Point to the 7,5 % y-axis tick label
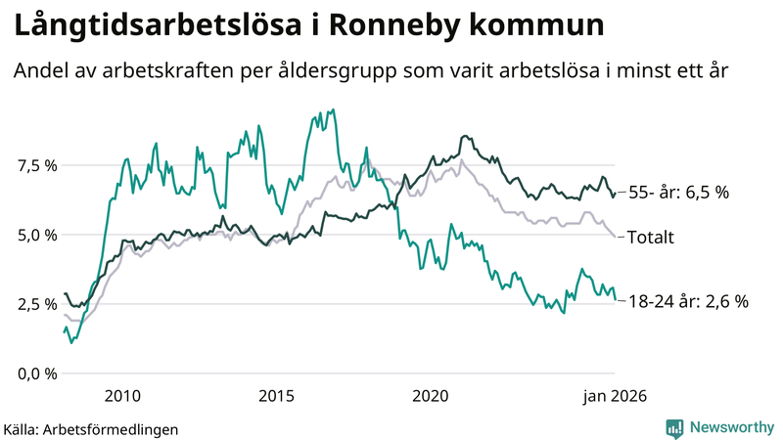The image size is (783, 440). tap(36, 165)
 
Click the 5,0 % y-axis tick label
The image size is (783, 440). tap(36, 235)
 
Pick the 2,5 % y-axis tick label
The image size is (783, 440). tap(36, 304)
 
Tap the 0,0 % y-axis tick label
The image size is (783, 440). tap(36, 374)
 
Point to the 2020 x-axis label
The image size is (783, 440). tap(430, 396)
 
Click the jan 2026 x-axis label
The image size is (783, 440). tap(614, 396)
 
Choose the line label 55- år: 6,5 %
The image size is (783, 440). tap(677, 194)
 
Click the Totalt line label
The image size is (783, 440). tap(657, 237)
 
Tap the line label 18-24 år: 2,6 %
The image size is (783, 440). tap(687, 302)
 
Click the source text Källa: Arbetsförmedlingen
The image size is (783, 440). tap(91, 428)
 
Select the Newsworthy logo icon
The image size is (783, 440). tap(674, 427)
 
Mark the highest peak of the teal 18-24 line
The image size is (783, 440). tap(334, 110)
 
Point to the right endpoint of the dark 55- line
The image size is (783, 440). tap(615, 194)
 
